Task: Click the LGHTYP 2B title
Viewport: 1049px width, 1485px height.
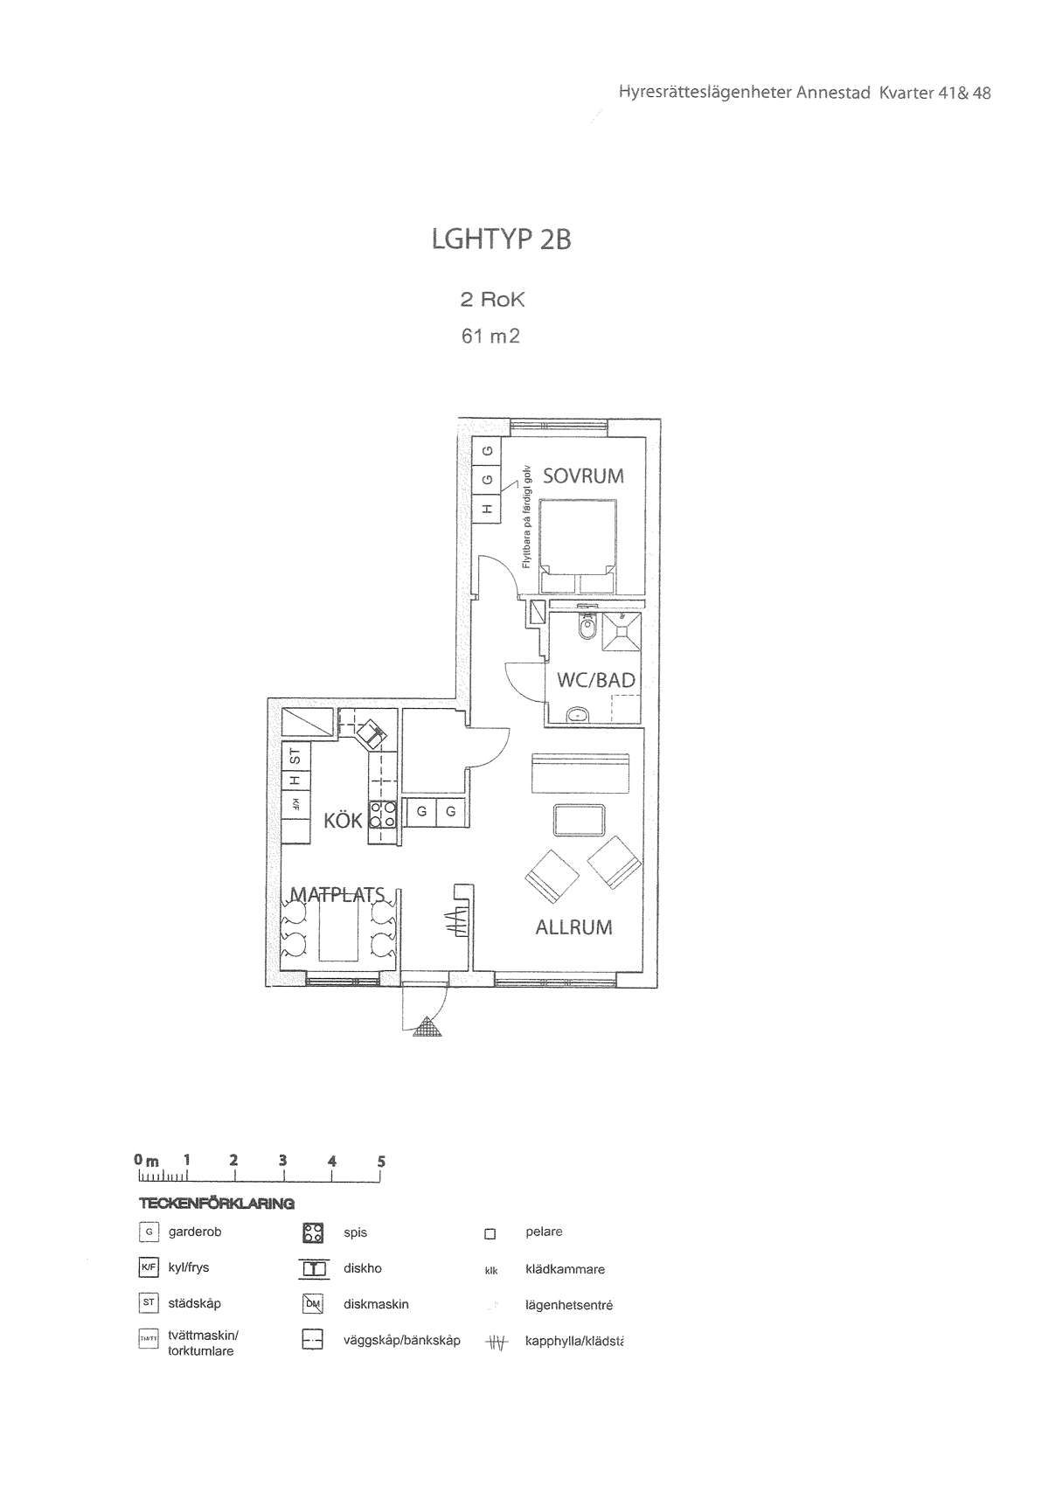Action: (x=501, y=239)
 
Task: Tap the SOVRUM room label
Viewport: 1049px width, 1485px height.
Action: (x=583, y=476)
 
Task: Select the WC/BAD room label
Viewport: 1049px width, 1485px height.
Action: (x=595, y=680)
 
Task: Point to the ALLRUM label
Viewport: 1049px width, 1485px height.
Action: (x=573, y=927)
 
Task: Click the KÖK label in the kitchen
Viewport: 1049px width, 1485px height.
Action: (x=343, y=822)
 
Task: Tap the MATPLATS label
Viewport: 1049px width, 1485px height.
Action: (x=337, y=895)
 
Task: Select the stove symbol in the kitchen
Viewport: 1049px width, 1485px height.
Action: (x=383, y=815)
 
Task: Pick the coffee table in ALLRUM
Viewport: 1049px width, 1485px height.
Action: (x=579, y=821)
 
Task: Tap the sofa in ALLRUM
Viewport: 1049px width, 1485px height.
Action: (x=580, y=773)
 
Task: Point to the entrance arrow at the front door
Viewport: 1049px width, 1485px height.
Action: (x=427, y=1027)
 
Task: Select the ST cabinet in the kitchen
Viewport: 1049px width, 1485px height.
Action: (x=295, y=754)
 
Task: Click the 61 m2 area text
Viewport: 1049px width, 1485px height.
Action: (x=490, y=336)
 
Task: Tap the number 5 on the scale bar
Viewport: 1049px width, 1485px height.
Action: (x=381, y=1162)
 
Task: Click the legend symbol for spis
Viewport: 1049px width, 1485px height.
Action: (x=313, y=1233)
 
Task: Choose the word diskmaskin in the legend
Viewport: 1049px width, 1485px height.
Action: (x=376, y=1304)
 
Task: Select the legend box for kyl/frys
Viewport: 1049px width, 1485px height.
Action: (x=149, y=1267)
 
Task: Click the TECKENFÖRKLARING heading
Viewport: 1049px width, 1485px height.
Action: (x=216, y=1204)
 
